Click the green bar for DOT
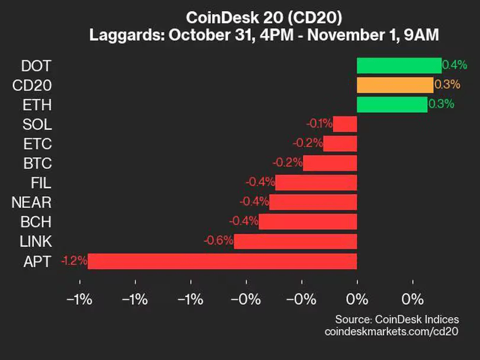click(x=399, y=66)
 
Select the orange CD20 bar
click(x=395, y=85)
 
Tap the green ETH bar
click(x=392, y=105)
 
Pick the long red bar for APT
click(x=222, y=261)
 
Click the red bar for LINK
click(x=295, y=241)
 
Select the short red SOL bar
click(x=345, y=124)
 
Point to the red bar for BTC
click(x=330, y=163)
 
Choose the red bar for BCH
click(x=308, y=221)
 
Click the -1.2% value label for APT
click(x=74, y=261)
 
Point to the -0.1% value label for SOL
click(x=319, y=124)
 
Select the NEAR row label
click(x=31, y=202)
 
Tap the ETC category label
click(x=37, y=144)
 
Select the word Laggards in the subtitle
click(x=127, y=36)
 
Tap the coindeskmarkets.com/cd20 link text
click(x=392, y=332)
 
